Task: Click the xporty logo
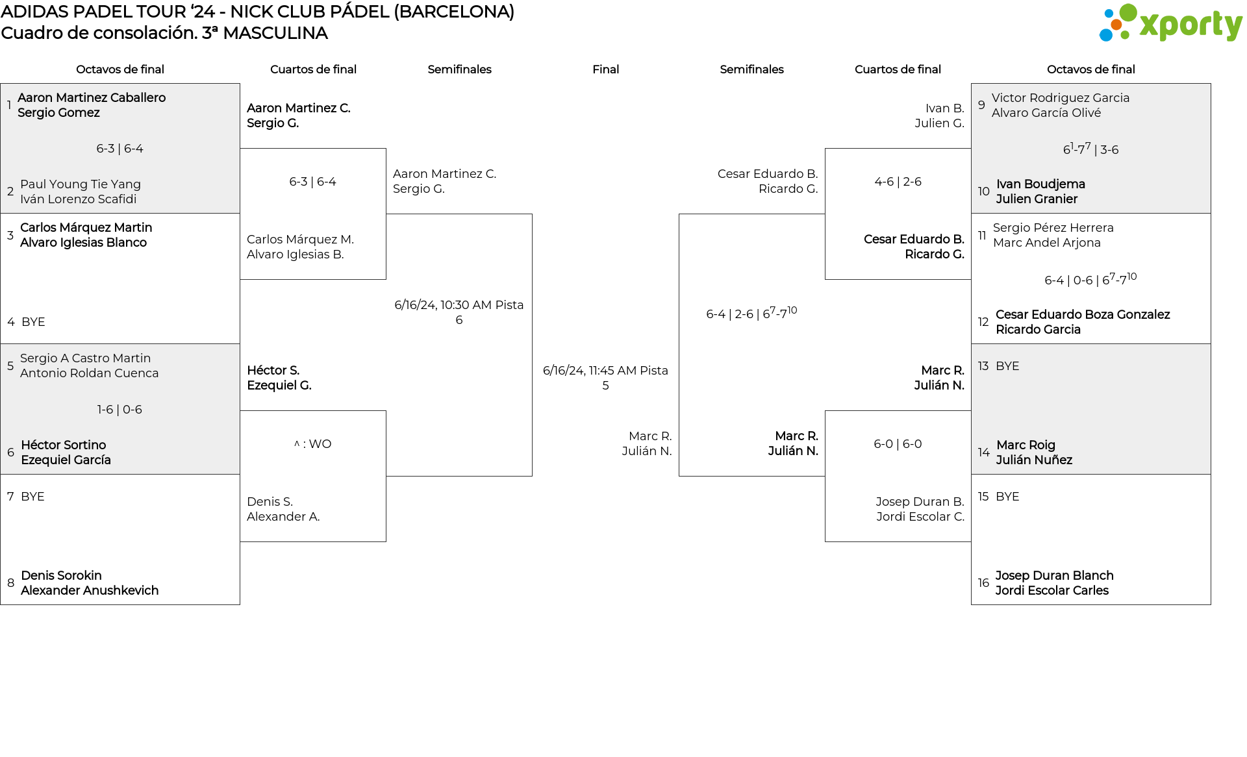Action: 1170,23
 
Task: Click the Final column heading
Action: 605,69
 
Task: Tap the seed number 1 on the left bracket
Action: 9,105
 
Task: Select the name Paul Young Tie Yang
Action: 81,184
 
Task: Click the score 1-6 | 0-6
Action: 120,410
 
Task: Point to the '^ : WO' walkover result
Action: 312,444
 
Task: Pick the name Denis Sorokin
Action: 61,576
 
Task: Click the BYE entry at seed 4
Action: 33,322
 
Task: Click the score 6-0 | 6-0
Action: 898,444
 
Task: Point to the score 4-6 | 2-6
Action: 898,182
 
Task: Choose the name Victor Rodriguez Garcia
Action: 1061,98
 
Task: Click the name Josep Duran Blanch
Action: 1054,576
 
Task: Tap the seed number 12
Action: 983,322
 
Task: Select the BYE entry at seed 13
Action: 1007,366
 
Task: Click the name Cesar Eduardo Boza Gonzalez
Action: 1083,315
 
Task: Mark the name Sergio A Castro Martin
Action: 85,358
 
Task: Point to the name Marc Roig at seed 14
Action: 1026,445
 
